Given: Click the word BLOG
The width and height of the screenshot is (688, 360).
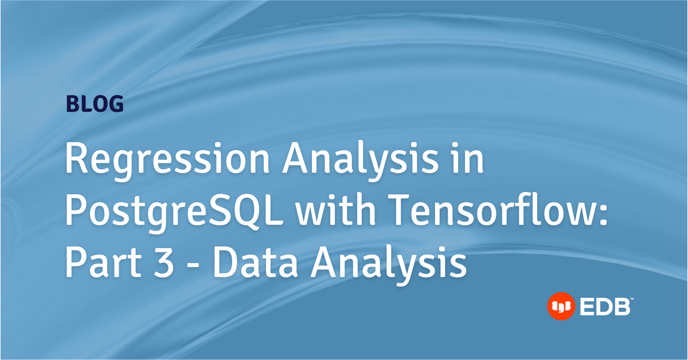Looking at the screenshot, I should point(95,104).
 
